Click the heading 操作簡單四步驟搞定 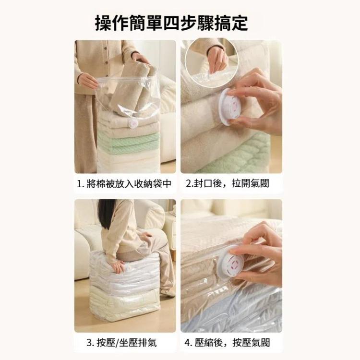pos(171,23)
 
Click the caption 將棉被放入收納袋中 pos(129,184)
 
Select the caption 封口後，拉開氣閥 pos(231,184)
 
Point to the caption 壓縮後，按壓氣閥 pos(232,343)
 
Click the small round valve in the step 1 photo pos(133,124)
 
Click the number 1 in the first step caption pos(80,184)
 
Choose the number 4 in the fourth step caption pos(188,343)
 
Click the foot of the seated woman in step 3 pos(168,291)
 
